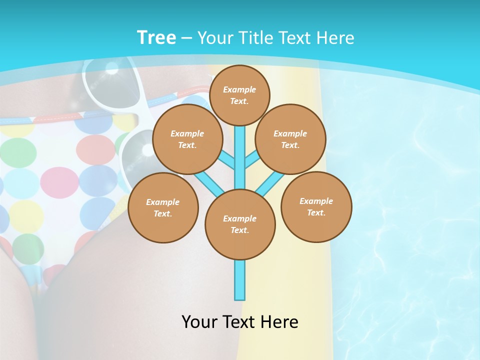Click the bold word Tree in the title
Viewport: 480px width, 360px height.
tap(156, 37)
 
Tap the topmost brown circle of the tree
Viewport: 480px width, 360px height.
tap(239, 95)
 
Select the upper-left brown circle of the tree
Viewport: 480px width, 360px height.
tap(187, 139)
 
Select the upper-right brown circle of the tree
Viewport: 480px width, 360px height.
tap(290, 139)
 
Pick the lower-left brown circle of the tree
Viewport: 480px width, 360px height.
tap(163, 207)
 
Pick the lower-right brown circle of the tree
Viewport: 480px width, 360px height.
tap(316, 206)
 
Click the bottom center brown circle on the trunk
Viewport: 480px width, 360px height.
tap(240, 224)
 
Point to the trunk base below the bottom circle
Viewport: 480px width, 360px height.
tap(240, 280)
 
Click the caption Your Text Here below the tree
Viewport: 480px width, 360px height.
tap(240, 321)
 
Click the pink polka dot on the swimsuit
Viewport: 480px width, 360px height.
tap(59, 182)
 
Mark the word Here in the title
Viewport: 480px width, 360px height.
tap(336, 38)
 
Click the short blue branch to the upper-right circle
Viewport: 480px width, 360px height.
tap(251, 160)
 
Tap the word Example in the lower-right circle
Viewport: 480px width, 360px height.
tap(316, 201)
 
